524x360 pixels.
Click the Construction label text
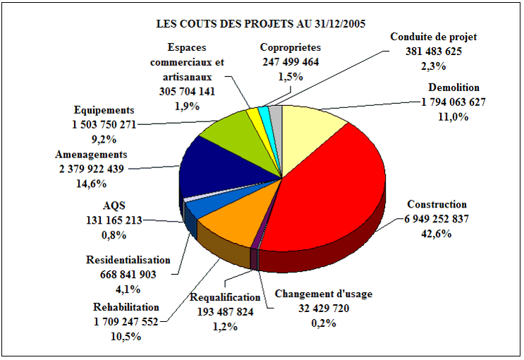click(x=437, y=205)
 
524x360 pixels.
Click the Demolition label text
click(x=453, y=88)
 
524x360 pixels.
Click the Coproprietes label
click(x=290, y=48)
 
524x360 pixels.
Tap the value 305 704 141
click(x=186, y=92)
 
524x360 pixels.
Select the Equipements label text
click(x=104, y=111)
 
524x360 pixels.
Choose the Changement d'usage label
click(x=323, y=294)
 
